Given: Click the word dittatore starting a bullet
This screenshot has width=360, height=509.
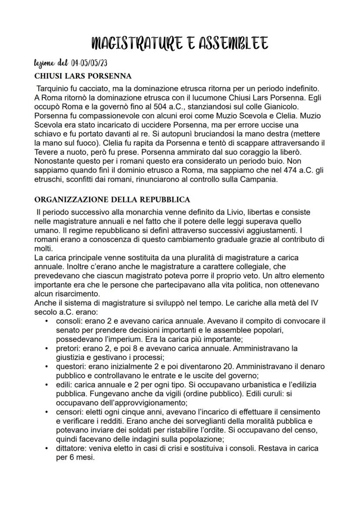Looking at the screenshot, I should point(70,448).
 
